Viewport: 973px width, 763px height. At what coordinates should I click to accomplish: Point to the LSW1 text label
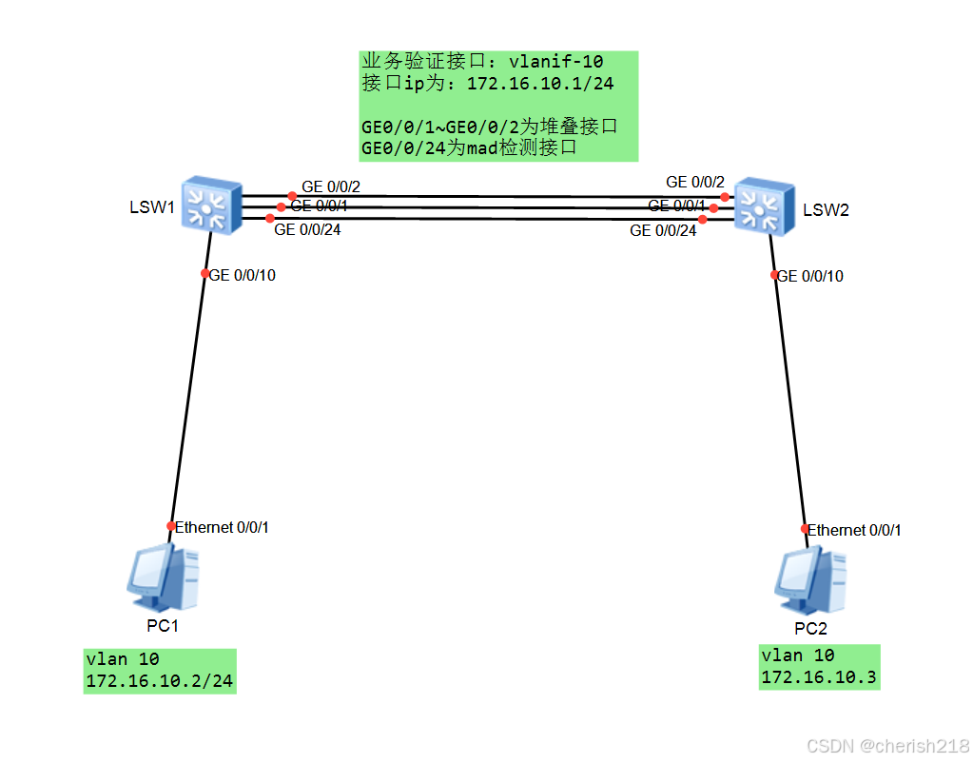tap(152, 207)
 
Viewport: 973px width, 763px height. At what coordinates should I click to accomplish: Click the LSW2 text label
tap(825, 210)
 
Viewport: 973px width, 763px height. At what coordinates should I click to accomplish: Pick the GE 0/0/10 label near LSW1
tap(243, 275)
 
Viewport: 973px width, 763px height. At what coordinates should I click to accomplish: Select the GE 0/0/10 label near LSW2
tap(810, 276)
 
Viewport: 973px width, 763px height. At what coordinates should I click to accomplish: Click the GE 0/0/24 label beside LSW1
tap(307, 228)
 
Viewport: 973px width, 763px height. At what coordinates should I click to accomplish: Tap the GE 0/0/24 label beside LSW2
tap(663, 230)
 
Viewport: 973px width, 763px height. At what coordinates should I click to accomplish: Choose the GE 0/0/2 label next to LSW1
tap(331, 186)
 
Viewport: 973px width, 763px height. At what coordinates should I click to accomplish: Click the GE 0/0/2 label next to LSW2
tap(695, 182)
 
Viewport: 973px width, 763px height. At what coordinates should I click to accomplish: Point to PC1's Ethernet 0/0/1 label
tap(222, 527)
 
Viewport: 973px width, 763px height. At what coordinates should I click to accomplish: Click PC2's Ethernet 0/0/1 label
tap(854, 530)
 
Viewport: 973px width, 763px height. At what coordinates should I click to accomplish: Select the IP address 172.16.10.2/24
tap(159, 681)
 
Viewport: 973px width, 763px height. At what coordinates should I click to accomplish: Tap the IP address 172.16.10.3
tap(819, 677)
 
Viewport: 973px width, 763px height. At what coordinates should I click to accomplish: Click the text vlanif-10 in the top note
tap(556, 62)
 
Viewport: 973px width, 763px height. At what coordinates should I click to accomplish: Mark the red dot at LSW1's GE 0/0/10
tap(204, 273)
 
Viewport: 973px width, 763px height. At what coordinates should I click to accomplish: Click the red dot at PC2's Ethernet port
tap(804, 529)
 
